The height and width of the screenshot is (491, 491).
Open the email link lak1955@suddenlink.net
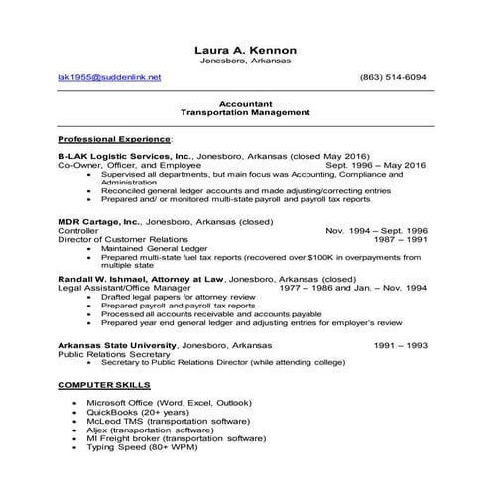[x=109, y=77]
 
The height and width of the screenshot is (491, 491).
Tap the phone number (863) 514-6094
[x=393, y=77]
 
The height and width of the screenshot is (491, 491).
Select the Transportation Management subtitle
[x=246, y=112]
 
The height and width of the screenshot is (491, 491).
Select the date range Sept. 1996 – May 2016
[x=376, y=165]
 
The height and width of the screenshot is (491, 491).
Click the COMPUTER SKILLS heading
[x=104, y=383]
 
